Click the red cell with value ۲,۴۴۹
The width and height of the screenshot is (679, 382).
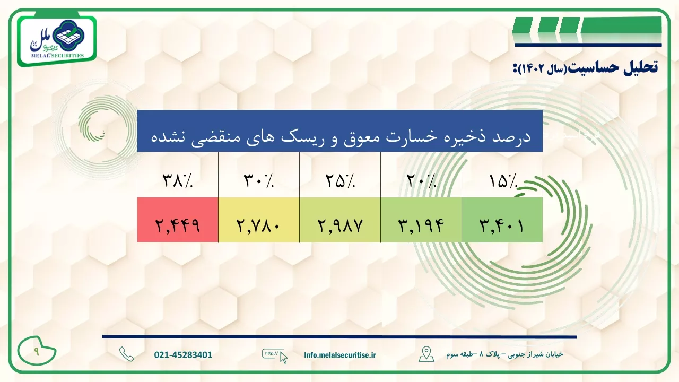coord(178,220)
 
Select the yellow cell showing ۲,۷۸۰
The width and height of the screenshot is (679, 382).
coord(259,220)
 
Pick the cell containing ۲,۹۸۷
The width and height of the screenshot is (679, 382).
coord(340,220)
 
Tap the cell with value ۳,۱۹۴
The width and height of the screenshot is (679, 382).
coord(421,220)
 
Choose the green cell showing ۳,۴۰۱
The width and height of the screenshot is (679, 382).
coord(502,220)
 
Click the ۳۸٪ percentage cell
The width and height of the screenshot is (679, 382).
coord(178,175)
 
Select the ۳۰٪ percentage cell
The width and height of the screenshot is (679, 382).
coord(259,175)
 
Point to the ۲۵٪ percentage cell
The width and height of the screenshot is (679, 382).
coord(340,175)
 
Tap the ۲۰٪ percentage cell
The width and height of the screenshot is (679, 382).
coord(421,175)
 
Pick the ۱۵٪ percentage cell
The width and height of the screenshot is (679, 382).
coord(502,175)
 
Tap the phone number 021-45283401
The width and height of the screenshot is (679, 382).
coord(183,355)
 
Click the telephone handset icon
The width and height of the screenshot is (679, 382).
coord(127,354)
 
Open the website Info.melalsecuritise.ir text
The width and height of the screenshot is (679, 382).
coord(340,355)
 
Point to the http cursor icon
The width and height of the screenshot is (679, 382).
coord(275,356)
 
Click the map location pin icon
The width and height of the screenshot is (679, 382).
coord(426,354)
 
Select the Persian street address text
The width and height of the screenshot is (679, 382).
coord(504,354)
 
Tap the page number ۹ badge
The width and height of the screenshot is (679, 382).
coord(37,351)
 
